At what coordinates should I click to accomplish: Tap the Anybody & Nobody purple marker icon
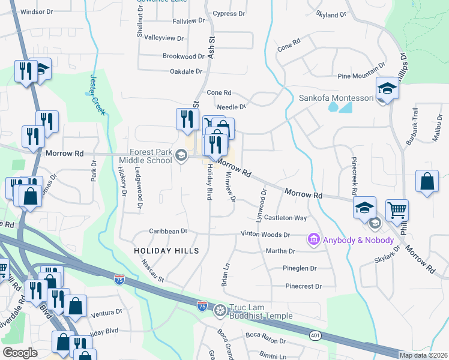coord(313,239)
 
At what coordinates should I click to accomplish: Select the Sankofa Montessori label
coord(336,98)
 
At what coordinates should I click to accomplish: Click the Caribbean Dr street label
coord(169,231)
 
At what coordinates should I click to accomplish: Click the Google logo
coord(19,353)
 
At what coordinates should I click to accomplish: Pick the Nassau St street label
coord(152,271)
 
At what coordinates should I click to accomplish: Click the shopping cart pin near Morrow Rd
coord(397,210)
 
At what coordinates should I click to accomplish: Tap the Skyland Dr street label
coord(331,14)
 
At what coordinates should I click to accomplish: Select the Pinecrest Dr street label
coord(304,286)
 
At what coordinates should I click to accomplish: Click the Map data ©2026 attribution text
coord(424,355)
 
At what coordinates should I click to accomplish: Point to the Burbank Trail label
coord(414,124)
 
